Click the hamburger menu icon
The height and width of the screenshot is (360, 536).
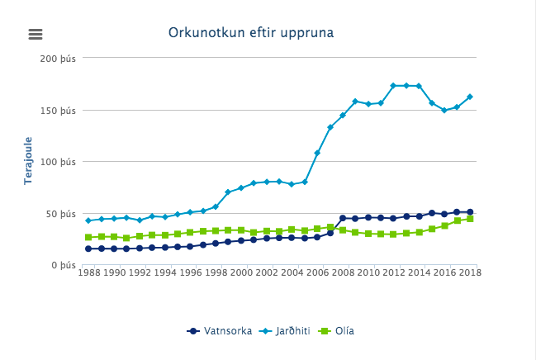(35, 34)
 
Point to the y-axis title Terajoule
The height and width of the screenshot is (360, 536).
(28, 160)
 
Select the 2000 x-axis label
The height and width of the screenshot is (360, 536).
(241, 272)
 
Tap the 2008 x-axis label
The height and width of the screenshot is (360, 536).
(343, 272)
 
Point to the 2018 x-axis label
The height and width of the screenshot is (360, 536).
(469, 272)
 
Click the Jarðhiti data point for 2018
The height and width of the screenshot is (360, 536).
(470, 97)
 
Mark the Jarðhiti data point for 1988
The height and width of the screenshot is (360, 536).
(88, 220)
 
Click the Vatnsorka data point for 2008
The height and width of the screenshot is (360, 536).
(343, 218)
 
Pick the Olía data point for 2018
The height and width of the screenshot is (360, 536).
(470, 219)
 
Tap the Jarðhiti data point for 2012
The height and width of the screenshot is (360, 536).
(393, 86)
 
